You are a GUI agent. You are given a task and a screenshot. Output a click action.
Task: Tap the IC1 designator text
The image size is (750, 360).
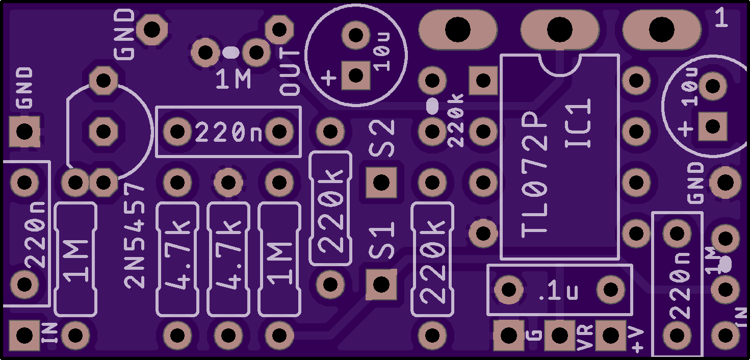tap(578, 123)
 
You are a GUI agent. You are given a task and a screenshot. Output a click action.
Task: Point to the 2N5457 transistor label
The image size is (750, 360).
tap(135, 236)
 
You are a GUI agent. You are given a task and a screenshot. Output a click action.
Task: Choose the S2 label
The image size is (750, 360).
tap(382, 138)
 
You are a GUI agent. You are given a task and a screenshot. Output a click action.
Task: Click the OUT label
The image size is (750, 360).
tap(290, 72)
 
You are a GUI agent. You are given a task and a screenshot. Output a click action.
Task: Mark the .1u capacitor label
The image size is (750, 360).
tap(558, 292)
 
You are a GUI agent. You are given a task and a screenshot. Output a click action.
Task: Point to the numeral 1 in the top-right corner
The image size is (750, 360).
tap(721, 18)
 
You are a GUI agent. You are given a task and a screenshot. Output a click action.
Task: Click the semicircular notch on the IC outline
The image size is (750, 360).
tap(560, 66)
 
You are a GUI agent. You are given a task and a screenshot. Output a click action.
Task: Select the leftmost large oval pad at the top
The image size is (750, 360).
tap(458, 30)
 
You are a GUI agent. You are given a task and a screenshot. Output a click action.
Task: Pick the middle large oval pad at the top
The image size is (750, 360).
tap(559, 30)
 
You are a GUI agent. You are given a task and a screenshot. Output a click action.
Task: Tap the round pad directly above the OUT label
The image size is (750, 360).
tap(279, 30)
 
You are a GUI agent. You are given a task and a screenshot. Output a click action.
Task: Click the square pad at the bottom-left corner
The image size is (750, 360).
tap(24, 336)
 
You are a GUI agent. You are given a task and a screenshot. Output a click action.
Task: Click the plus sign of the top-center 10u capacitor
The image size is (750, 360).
tap(328, 78)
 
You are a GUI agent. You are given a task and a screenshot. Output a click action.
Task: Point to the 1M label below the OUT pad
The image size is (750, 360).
tap(234, 80)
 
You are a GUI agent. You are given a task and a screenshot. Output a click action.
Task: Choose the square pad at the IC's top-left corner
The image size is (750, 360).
tap(483, 81)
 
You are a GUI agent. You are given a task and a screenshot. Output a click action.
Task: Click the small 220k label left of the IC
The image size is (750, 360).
tap(456, 120)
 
